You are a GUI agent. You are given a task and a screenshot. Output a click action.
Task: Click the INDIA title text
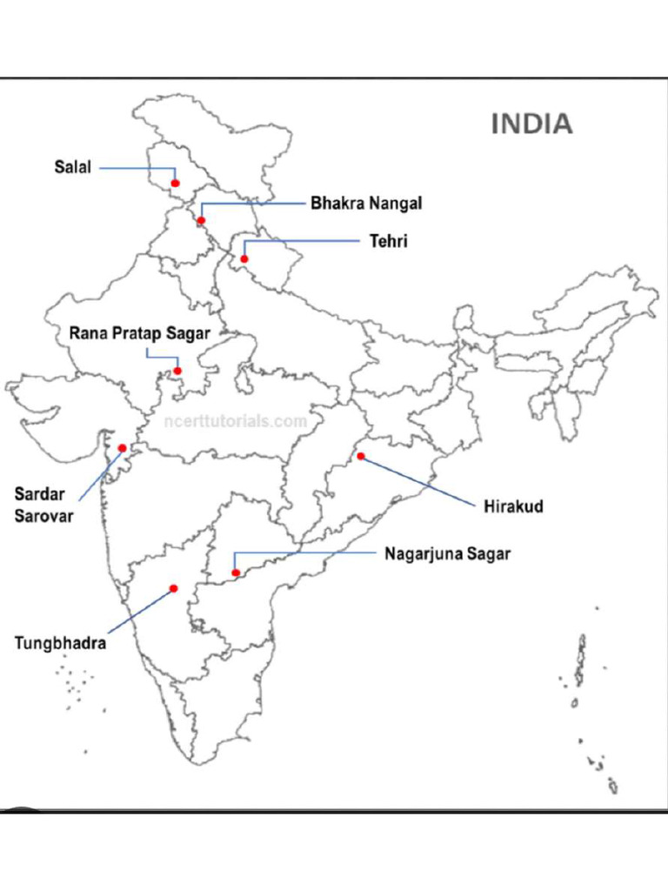pyautogui.click(x=531, y=124)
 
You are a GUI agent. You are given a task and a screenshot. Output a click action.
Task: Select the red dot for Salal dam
pyautogui.click(x=175, y=184)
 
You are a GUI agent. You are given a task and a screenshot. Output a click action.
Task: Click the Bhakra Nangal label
pyautogui.click(x=366, y=204)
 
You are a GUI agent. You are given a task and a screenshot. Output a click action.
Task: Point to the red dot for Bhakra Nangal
pyautogui.click(x=201, y=220)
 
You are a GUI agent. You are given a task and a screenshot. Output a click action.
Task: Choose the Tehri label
pyautogui.click(x=388, y=241)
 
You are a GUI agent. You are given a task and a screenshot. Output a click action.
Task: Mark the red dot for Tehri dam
pyautogui.click(x=244, y=258)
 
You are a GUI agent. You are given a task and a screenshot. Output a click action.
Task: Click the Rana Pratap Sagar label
pyautogui.click(x=139, y=333)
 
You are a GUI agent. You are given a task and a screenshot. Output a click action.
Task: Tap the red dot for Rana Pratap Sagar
pyautogui.click(x=177, y=372)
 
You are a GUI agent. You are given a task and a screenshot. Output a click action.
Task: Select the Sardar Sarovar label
pyautogui.click(x=43, y=505)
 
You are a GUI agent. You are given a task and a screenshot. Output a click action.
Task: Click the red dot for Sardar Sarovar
pyautogui.click(x=123, y=448)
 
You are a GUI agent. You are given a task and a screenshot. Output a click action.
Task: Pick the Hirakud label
pyautogui.click(x=513, y=506)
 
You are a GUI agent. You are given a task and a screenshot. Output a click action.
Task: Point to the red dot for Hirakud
pyautogui.click(x=360, y=456)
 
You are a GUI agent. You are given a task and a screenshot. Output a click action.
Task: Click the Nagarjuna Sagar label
pyautogui.click(x=447, y=553)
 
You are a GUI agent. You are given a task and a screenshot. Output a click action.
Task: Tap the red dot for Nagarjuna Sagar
pyautogui.click(x=236, y=573)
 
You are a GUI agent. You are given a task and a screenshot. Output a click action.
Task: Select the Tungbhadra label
pyautogui.click(x=60, y=644)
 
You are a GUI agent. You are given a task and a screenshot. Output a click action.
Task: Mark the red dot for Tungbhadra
pyautogui.click(x=174, y=589)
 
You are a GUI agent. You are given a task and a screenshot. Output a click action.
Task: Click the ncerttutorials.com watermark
pyautogui.click(x=235, y=421)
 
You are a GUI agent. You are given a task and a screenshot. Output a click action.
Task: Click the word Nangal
pyautogui.click(x=395, y=204)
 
